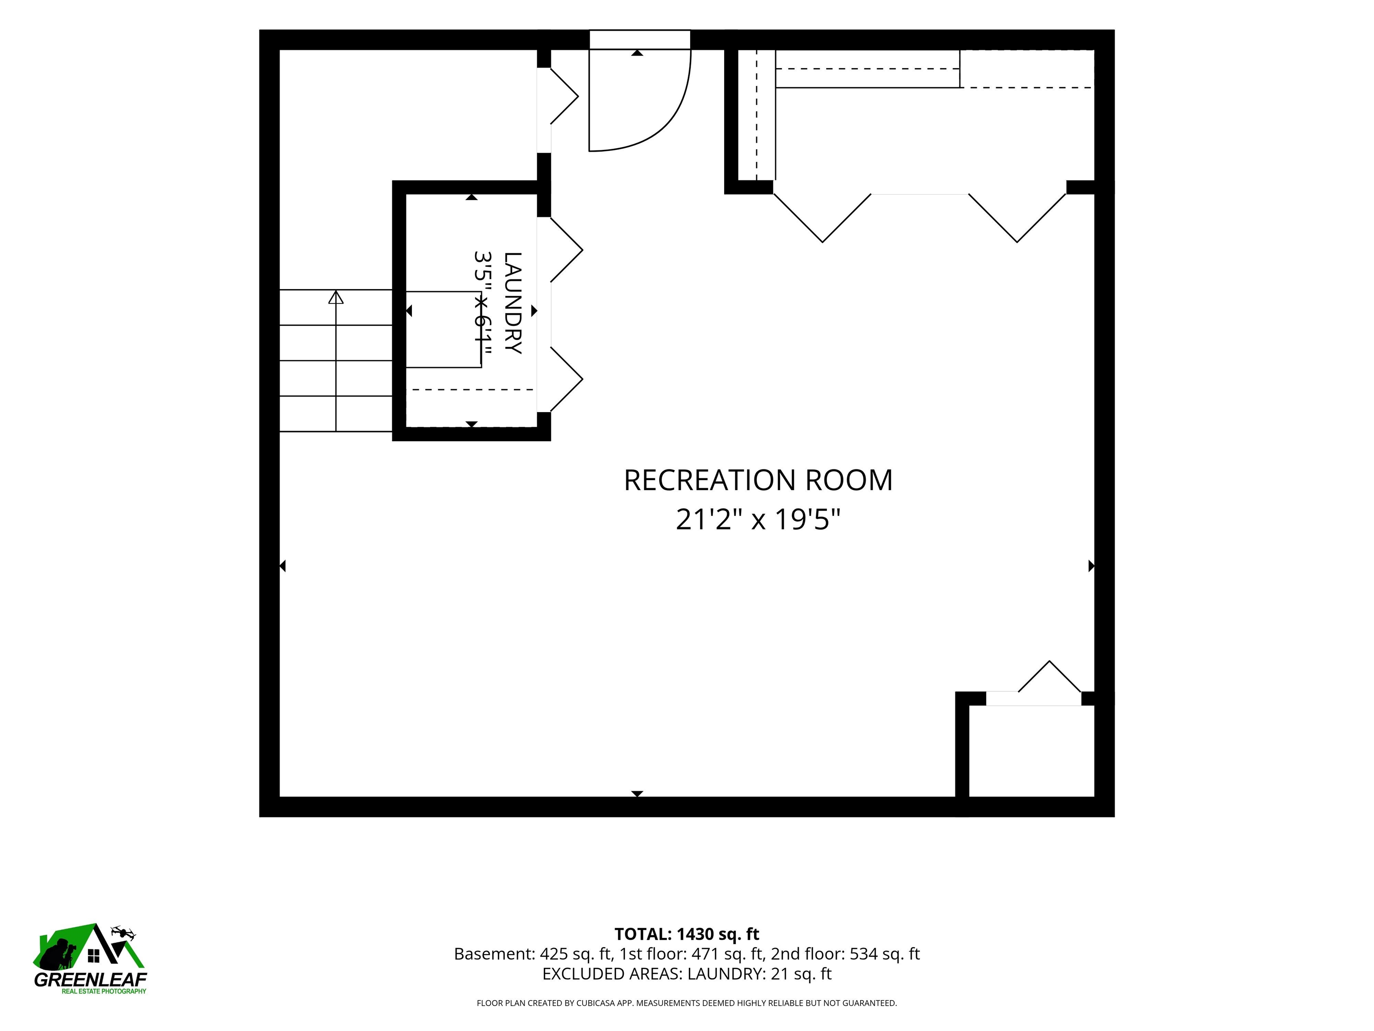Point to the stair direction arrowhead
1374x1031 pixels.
point(336,297)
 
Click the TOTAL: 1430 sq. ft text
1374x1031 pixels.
point(687,934)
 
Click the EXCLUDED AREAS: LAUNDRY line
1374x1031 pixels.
point(687,974)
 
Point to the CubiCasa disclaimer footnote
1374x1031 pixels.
point(687,1003)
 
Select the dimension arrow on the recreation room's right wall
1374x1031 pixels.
point(1091,566)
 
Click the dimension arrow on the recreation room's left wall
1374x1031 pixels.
point(283,566)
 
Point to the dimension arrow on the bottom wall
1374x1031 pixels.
point(637,793)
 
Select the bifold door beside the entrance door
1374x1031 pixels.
point(564,96)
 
